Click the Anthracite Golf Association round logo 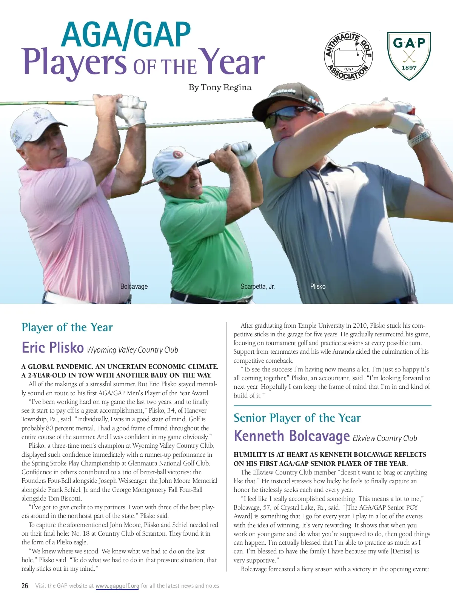[348, 56]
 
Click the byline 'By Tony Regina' [220, 88]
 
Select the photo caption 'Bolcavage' [134, 287]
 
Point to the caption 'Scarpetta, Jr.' [257, 287]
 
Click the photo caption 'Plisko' [318, 287]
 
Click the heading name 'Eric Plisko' [52, 348]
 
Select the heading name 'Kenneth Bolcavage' [291, 436]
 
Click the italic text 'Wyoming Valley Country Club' [133, 350]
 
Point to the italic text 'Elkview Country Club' [385, 438]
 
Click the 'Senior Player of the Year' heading [297, 418]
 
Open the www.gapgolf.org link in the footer [117, 586]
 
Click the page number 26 [25, 586]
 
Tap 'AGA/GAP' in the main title [126, 35]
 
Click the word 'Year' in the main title [231, 62]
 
